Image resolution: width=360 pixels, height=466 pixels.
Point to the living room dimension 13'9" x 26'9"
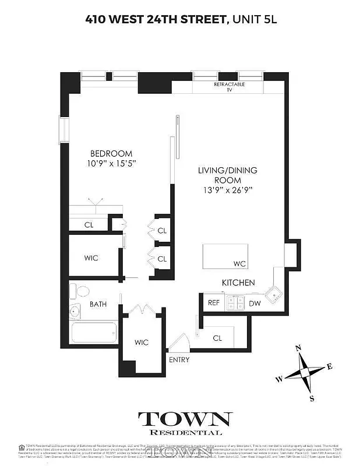point(227,190)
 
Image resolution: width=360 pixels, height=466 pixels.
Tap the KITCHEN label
point(238,283)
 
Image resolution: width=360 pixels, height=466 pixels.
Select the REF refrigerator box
point(214,303)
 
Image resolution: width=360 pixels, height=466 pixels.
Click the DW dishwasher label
point(255,303)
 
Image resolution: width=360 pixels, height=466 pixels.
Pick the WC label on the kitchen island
point(239,264)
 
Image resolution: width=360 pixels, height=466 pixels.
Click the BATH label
point(98,303)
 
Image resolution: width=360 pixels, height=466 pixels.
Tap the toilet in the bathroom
point(80,291)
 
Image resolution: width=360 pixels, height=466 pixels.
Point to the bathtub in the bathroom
point(93,334)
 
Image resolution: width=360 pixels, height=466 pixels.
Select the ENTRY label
point(179,359)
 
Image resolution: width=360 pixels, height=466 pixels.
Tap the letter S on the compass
point(312,398)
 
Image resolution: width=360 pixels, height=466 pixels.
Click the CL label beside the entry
point(217,337)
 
